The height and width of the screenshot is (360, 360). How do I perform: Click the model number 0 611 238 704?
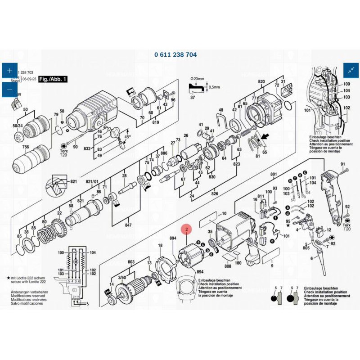pos(175,54)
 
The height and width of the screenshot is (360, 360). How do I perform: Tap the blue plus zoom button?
pos(9,71)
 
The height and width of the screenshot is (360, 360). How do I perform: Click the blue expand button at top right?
pos(351,70)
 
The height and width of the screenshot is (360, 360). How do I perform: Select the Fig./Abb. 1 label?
pos(53,79)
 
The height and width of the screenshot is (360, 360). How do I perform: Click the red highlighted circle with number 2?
pos(186,229)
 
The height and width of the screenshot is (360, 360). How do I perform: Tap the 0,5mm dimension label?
pos(215,88)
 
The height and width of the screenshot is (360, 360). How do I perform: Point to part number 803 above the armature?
pos(131,261)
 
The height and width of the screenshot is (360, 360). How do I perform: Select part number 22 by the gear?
pos(59,213)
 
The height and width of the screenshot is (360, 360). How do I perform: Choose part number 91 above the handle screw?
pos(342,164)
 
